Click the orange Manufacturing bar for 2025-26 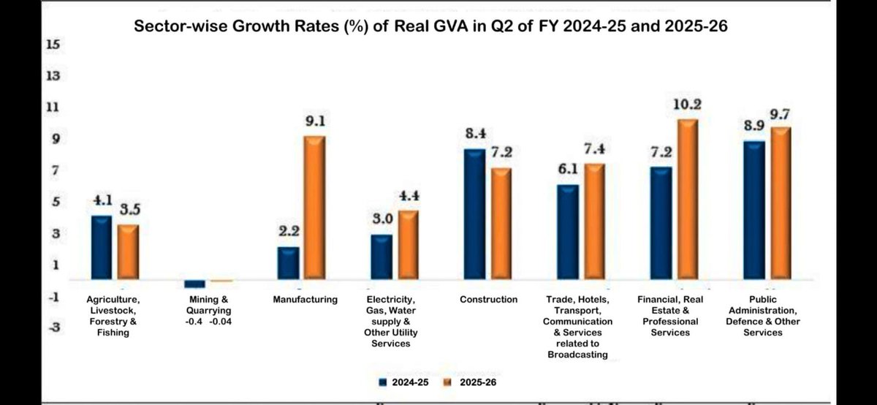coord(314,207)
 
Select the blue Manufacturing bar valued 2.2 coord(288,263)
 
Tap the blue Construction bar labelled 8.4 coord(474,213)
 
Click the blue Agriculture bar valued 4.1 coord(101,247)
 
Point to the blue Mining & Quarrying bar coord(194,284)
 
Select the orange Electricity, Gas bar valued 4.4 coord(408,245)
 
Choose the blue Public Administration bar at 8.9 coord(753,210)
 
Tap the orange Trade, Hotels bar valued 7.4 coord(593,222)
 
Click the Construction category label coord(489,300)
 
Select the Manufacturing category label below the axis coord(305,300)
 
